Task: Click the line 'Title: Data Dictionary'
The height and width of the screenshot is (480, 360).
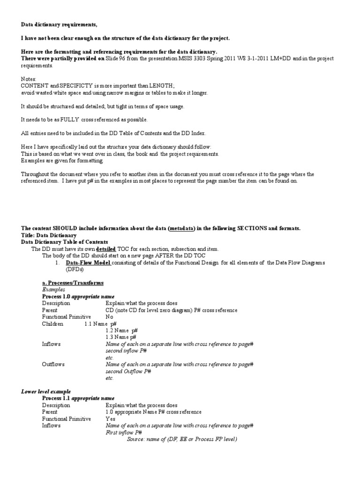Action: [49, 235]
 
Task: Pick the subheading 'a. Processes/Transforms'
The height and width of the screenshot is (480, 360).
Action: [73, 283]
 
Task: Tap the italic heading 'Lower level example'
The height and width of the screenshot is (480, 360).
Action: [46, 391]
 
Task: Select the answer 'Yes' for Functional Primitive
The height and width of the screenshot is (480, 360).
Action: [111, 419]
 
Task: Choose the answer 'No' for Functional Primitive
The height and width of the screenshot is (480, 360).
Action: [110, 317]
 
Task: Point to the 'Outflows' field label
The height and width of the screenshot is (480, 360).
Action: [53, 364]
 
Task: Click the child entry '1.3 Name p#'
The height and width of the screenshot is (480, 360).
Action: [121, 337]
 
